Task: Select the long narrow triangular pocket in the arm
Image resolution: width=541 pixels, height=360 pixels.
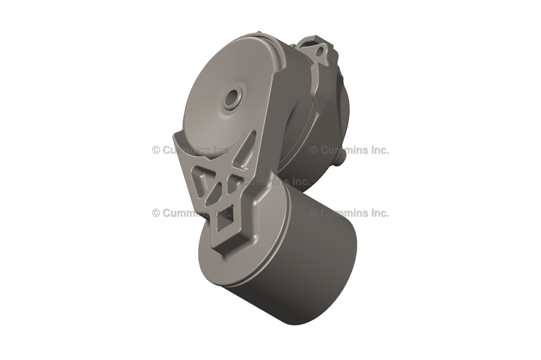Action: (x=245, y=153)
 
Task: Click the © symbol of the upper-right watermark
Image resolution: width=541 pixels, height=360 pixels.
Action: (x=314, y=150)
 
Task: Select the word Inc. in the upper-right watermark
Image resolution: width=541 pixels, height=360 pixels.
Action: (x=378, y=150)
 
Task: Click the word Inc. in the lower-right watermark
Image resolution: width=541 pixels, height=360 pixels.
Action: (x=378, y=213)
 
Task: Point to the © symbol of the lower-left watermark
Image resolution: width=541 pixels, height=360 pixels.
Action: (x=156, y=213)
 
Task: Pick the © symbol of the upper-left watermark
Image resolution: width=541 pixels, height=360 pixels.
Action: (x=156, y=150)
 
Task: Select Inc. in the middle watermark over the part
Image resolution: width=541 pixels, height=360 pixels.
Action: (x=299, y=182)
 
